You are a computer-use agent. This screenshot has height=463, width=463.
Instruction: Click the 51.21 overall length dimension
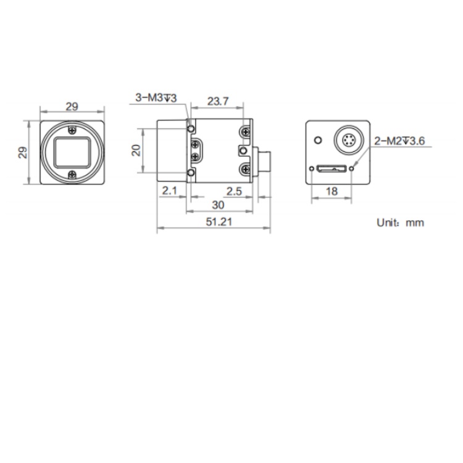(x=219, y=222)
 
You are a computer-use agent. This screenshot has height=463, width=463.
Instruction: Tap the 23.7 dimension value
(x=218, y=101)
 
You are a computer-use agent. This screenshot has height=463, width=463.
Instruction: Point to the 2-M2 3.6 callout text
(x=399, y=141)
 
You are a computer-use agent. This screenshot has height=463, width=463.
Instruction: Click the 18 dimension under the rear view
(x=332, y=191)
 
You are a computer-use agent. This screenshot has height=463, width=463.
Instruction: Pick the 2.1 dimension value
(x=170, y=191)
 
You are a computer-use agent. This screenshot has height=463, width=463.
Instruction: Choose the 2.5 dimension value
(x=234, y=191)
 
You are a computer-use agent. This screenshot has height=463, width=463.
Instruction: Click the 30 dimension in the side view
(x=218, y=205)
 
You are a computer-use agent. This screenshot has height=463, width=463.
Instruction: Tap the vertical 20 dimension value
(x=136, y=150)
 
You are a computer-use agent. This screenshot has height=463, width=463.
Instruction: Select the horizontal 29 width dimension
(x=72, y=107)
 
